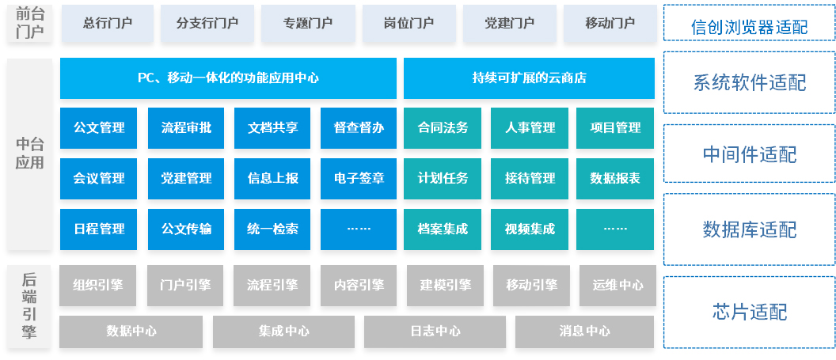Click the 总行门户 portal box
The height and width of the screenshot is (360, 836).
pyautogui.click(x=107, y=24)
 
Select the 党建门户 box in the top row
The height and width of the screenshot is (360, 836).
pyautogui.click(x=509, y=24)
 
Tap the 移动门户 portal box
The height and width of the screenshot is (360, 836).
pyautogui.click(x=610, y=24)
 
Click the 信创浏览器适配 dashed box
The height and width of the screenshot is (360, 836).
pyautogui.click(x=749, y=23)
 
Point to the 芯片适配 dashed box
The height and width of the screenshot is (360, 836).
pyautogui.click(x=749, y=312)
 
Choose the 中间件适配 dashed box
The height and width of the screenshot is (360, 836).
pyautogui.click(x=749, y=154)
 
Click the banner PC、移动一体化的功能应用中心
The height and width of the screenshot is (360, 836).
pyautogui.click(x=228, y=78)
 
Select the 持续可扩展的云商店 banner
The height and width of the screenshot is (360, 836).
pyautogui.click(x=529, y=78)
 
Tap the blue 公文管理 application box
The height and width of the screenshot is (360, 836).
pyautogui.click(x=99, y=128)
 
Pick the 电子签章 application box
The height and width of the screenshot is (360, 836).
pyautogui.click(x=359, y=178)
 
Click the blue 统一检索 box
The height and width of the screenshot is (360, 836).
pyautogui.click(x=272, y=229)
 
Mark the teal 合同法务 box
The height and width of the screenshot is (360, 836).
pyautogui.click(x=443, y=128)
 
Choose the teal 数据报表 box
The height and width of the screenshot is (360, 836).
pyautogui.click(x=615, y=178)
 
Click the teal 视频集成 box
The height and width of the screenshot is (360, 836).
pyautogui.click(x=530, y=229)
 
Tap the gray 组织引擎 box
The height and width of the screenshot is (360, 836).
pyautogui.click(x=98, y=286)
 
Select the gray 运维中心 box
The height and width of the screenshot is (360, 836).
pyautogui.click(x=618, y=286)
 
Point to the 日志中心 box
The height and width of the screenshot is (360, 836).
pyautogui.click(x=435, y=332)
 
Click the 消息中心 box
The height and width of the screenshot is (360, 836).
pyautogui.click(x=584, y=332)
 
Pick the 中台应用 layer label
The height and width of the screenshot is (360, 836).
pyautogui.click(x=30, y=153)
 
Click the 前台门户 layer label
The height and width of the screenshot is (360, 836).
pyautogui.click(x=30, y=23)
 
